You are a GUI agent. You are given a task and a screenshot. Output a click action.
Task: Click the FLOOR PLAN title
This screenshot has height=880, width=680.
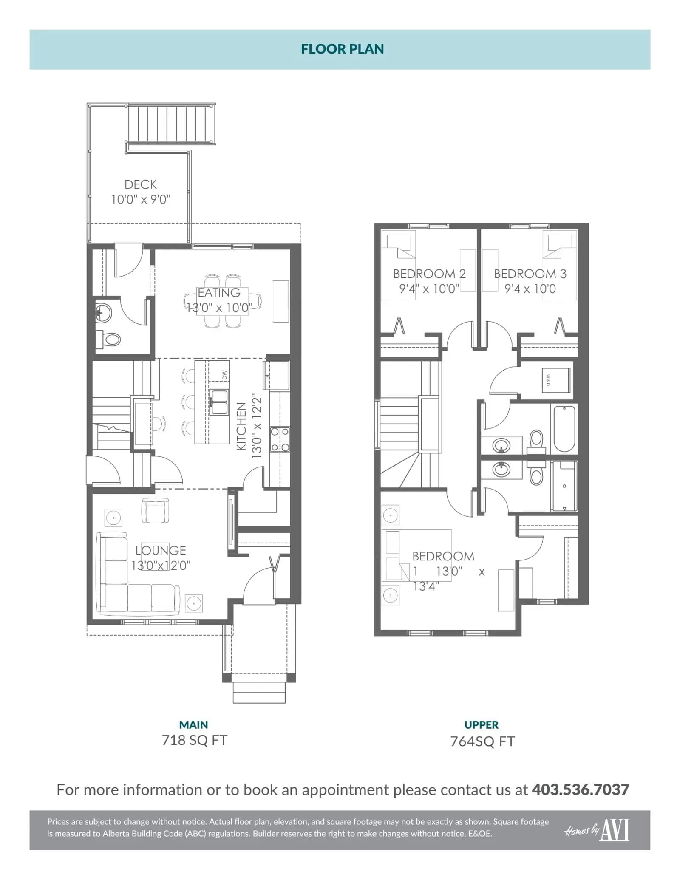(x=342, y=49)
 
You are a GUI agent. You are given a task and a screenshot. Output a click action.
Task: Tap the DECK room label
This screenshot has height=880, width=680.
(x=141, y=184)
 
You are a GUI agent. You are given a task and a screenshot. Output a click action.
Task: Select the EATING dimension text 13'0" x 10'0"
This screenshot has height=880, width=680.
(x=219, y=307)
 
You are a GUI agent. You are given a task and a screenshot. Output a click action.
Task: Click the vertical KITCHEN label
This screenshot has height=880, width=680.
(x=241, y=426)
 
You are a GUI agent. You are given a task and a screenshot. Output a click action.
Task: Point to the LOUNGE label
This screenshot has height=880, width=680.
(x=161, y=550)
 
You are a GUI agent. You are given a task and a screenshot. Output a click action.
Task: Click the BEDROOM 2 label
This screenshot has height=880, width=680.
(x=429, y=274)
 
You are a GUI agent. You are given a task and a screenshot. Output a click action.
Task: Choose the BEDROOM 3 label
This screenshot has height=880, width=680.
(x=530, y=274)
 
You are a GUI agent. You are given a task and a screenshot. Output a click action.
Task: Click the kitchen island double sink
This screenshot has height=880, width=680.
(x=219, y=402)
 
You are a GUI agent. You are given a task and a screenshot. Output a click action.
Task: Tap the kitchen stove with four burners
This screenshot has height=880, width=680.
(x=280, y=439)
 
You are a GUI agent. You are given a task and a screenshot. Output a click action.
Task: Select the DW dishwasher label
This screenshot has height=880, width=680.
(x=225, y=375)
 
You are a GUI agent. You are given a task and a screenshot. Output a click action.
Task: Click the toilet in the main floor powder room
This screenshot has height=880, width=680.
(x=108, y=339)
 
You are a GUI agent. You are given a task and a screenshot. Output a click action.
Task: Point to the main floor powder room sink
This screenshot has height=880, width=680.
(x=103, y=313)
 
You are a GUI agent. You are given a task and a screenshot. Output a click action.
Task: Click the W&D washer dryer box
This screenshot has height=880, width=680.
(x=555, y=380)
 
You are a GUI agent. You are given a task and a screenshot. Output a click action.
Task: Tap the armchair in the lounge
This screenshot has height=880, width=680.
(x=155, y=510)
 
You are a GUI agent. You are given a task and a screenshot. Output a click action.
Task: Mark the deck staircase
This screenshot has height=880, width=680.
(x=170, y=124)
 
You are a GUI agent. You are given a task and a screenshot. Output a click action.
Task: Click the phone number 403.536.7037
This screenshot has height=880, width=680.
(x=581, y=789)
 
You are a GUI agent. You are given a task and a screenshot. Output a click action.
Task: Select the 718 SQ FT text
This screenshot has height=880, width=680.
(x=195, y=740)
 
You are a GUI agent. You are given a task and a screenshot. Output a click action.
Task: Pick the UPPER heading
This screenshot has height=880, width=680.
(x=482, y=724)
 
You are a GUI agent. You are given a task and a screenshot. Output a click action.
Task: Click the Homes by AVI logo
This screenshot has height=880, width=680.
(x=597, y=830)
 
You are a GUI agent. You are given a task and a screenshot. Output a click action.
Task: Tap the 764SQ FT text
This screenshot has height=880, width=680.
(x=482, y=741)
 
